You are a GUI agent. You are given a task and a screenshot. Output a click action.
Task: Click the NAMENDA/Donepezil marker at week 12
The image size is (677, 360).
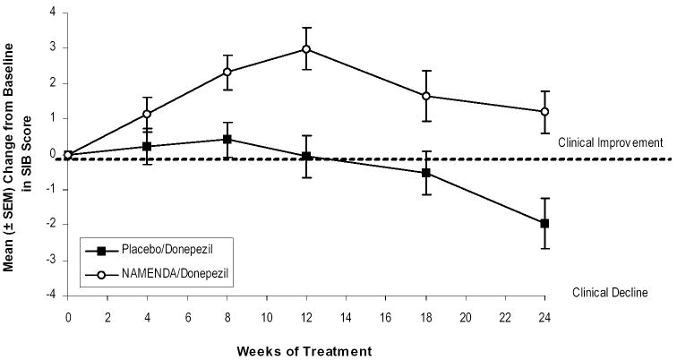pyautogui.click(x=306, y=49)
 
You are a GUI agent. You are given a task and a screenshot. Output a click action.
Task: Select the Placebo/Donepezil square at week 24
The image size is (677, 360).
pyautogui.click(x=544, y=223)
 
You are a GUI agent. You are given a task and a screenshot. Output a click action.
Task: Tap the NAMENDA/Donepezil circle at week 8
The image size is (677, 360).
pyautogui.click(x=227, y=72)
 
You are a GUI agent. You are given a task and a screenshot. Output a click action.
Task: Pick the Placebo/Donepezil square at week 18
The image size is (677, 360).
pyautogui.click(x=425, y=173)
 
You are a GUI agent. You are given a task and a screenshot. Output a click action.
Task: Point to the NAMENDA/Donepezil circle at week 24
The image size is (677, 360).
pyautogui.click(x=544, y=112)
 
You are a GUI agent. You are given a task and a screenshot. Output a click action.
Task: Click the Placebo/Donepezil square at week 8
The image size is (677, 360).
pyautogui.click(x=227, y=140)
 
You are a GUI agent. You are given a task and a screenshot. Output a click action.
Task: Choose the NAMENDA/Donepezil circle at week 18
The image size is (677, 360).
pyautogui.click(x=425, y=96)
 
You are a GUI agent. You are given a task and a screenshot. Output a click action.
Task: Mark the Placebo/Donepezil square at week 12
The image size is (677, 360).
pyautogui.click(x=306, y=156)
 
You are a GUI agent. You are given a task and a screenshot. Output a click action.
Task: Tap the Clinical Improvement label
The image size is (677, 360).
pyautogui.click(x=609, y=141)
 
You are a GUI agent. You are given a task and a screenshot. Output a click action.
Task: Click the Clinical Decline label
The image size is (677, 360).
pyautogui.click(x=621, y=291)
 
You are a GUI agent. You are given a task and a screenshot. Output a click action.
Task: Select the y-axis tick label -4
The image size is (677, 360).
pyautogui.click(x=51, y=295)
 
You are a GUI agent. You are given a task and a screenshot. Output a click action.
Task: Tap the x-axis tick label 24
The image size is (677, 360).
pyautogui.click(x=544, y=316)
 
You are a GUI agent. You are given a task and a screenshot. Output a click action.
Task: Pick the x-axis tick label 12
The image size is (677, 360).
pyautogui.click(x=306, y=316)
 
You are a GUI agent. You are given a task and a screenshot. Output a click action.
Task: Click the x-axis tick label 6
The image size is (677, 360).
pyautogui.click(x=187, y=316)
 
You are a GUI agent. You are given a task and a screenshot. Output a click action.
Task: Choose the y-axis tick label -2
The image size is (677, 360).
pyautogui.click(x=51, y=225)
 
